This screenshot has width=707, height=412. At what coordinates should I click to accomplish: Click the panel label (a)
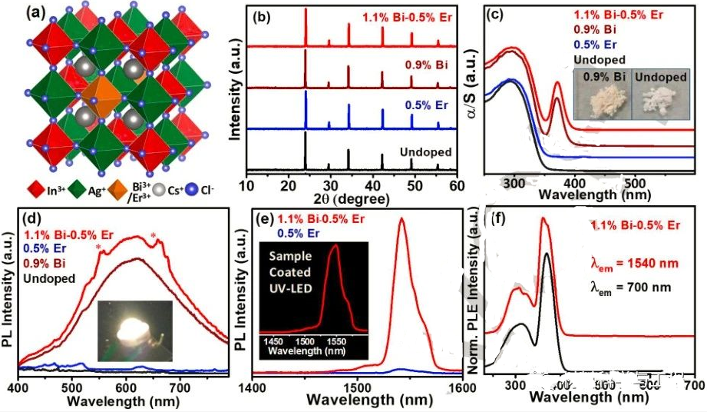(18, 12)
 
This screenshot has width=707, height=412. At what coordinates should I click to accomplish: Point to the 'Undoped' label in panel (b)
(425, 151)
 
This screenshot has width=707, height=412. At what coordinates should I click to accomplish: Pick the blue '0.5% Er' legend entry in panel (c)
(600, 45)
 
